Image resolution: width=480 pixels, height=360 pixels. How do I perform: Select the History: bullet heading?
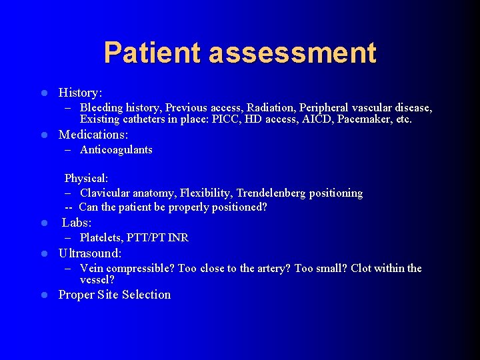[80, 92]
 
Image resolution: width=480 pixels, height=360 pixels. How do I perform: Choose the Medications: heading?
[93, 135]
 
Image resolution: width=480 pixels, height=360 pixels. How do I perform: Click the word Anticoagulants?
[116, 150]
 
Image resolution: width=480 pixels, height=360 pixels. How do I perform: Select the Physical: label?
[86, 178]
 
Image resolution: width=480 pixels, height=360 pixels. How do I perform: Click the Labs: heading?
[77, 223]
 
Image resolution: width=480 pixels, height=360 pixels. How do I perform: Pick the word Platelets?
[102, 237]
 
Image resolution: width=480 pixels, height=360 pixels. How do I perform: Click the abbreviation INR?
[178, 237]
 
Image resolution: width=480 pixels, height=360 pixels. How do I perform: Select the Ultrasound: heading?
[90, 253]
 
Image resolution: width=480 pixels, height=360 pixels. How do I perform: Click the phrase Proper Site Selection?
[115, 295]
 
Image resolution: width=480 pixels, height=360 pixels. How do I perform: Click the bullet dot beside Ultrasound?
[43, 254]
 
